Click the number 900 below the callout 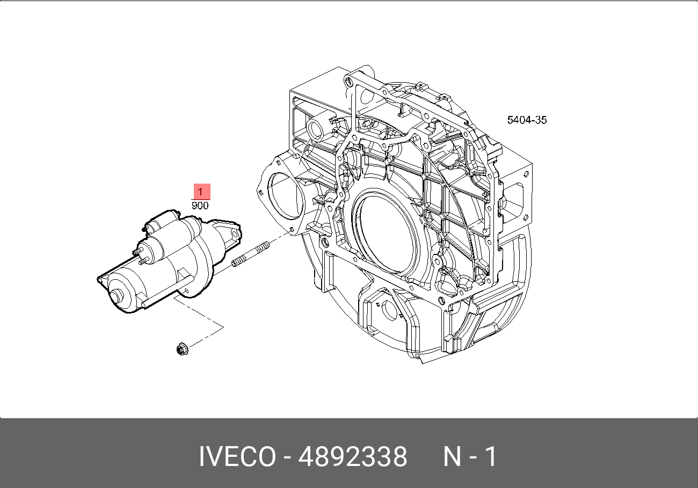click(x=201, y=205)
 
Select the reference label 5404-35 click(x=527, y=120)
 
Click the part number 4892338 click(x=352, y=457)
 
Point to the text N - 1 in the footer click(x=470, y=457)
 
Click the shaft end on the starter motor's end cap click(x=116, y=295)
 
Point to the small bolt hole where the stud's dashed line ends click(x=290, y=231)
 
